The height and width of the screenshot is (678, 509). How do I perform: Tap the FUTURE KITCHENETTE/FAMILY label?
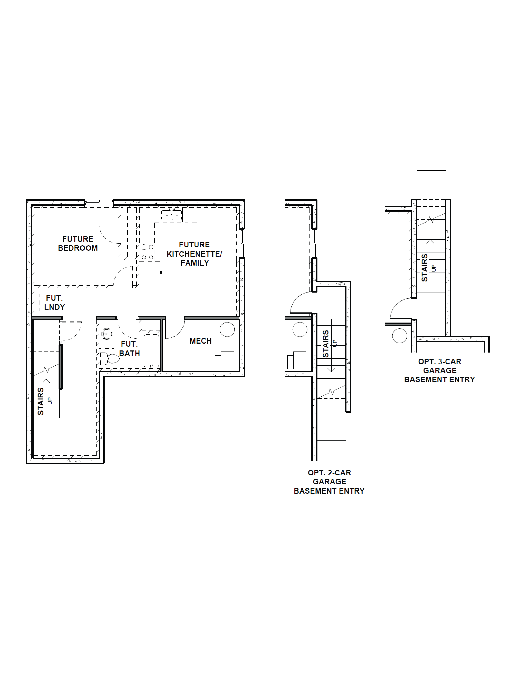point(194,254)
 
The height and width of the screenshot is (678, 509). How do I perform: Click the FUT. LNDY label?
point(54,303)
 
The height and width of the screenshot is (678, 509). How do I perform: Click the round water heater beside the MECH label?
point(227,329)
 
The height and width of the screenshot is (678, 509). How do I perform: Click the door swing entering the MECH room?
point(175,329)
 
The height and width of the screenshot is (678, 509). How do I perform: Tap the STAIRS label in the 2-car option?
point(326,344)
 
